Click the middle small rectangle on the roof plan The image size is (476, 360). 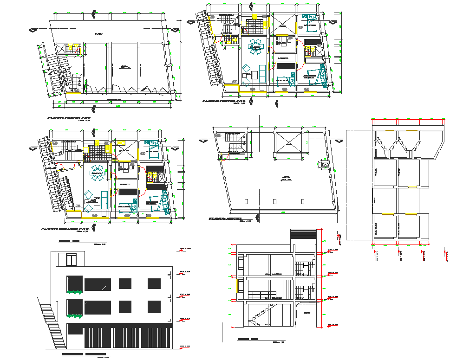click(x=274, y=201)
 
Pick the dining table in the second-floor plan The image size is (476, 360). click(x=98, y=174)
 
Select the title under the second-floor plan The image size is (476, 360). click(x=65, y=229)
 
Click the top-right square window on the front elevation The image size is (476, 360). click(x=154, y=283)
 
